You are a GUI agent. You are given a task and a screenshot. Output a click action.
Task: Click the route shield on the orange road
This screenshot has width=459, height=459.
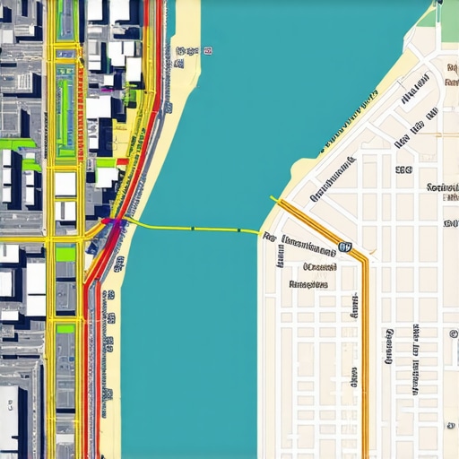(x=345, y=247)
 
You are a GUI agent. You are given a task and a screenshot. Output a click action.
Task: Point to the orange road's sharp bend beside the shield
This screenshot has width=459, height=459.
(x=363, y=259)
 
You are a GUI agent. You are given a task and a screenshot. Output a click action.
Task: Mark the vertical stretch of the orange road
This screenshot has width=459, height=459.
(x=363, y=359)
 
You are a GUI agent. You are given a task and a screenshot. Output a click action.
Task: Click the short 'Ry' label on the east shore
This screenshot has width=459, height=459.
(x=268, y=238)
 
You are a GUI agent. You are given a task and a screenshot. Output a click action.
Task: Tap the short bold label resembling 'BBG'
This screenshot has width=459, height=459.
(x=403, y=169)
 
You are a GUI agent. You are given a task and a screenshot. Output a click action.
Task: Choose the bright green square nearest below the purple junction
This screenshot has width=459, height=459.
(x=65, y=253)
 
